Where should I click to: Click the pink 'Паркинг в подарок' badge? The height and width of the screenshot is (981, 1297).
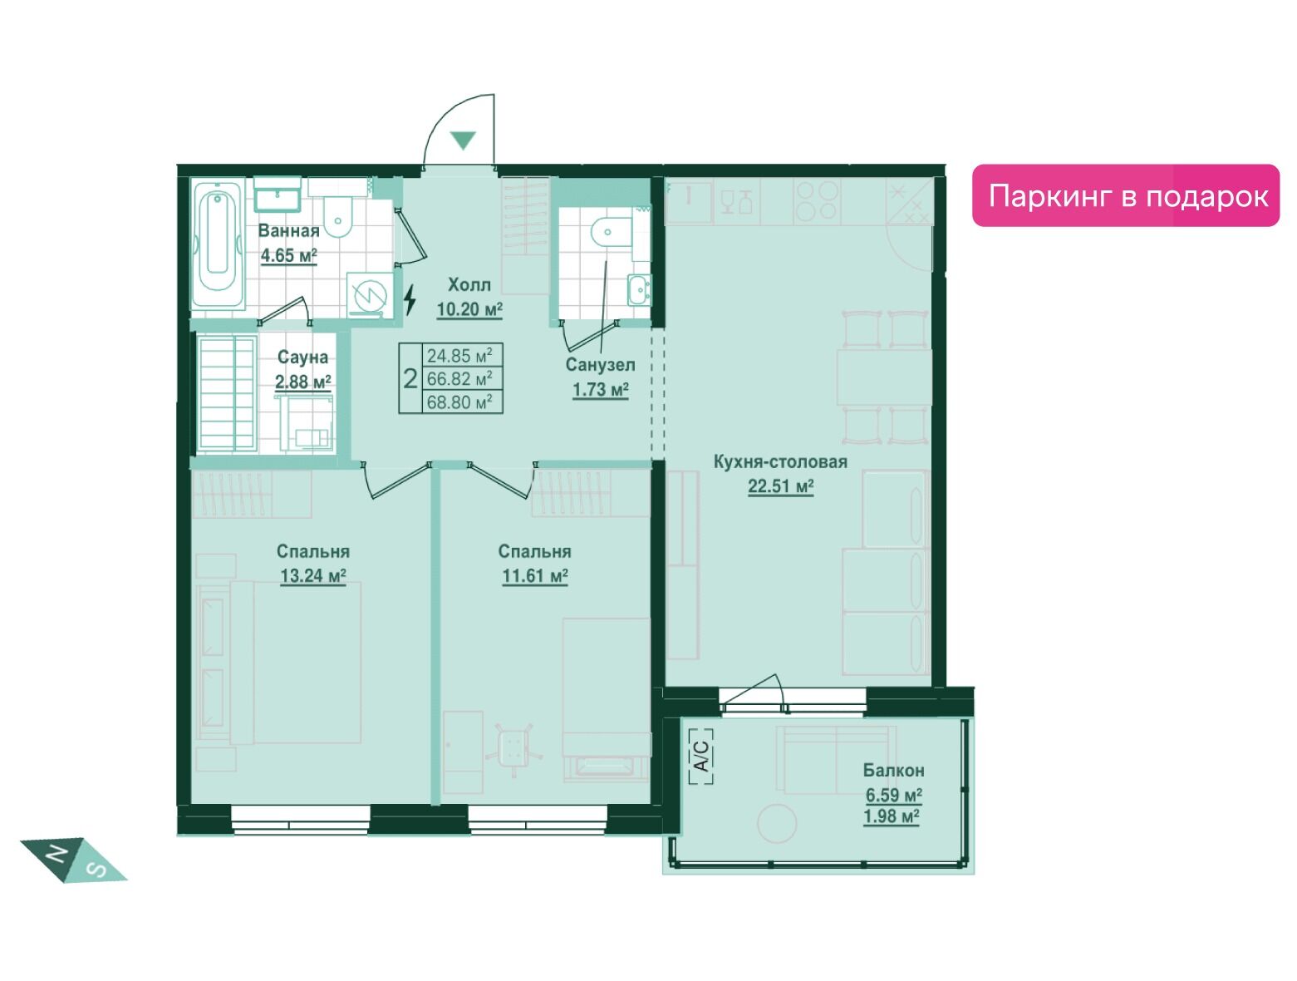point(1125,195)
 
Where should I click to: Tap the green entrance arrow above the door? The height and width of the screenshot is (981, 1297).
point(463,140)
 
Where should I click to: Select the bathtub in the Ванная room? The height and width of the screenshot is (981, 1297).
point(218,244)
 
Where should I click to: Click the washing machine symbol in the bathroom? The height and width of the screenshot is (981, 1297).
point(370,295)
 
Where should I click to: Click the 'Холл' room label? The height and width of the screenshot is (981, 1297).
point(469,285)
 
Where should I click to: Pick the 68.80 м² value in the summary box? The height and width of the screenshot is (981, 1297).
point(459,402)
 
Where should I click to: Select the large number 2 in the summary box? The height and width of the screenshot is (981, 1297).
point(410,379)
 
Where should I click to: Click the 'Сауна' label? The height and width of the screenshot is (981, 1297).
point(302,357)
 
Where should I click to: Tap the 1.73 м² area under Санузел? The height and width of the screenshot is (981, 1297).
point(600,391)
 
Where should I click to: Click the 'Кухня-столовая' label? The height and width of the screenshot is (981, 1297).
point(780,461)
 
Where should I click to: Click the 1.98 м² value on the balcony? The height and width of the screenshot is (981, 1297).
point(891,816)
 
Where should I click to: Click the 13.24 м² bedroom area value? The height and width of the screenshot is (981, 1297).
point(312,575)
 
